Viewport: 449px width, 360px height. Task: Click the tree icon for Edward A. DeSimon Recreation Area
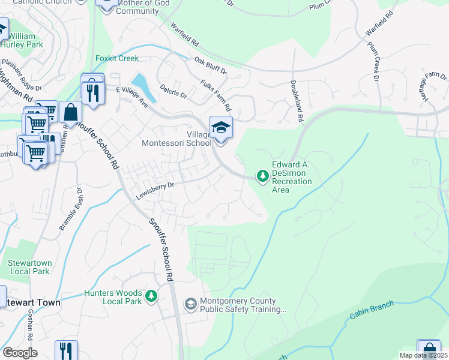pyautogui.click(x=262, y=176)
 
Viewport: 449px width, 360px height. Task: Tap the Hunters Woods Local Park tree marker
pyautogui.click(x=152, y=296)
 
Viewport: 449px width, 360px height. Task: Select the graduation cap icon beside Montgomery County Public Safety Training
pyautogui.click(x=190, y=305)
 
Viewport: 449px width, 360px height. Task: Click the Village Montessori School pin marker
pyautogui.click(x=220, y=128)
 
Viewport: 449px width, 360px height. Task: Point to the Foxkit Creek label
pyautogui.click(x=117, y=58)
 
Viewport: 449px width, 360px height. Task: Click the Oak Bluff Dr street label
pyautogui.click(x=211, y=65)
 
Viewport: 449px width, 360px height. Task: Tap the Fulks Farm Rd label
pyautogui.click(x=216, y=97)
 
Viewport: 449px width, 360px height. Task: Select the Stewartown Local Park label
pyautogui.click(x=28, y=267)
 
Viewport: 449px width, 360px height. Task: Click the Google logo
pyautogui.click(x=20, y=352)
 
